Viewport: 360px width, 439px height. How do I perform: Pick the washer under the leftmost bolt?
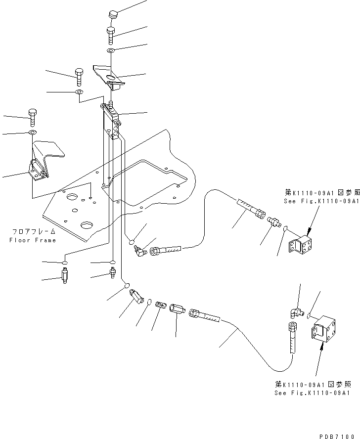pyautogui.click(x=33, y=133)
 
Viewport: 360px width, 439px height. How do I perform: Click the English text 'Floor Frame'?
pyautogui.click(x=33, y=240)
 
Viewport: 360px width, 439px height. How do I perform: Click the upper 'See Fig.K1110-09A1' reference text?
pyautogui.click(x=321, y=201)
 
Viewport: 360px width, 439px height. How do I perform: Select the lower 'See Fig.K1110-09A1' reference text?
pyautogui.click(x=313, y=393)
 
